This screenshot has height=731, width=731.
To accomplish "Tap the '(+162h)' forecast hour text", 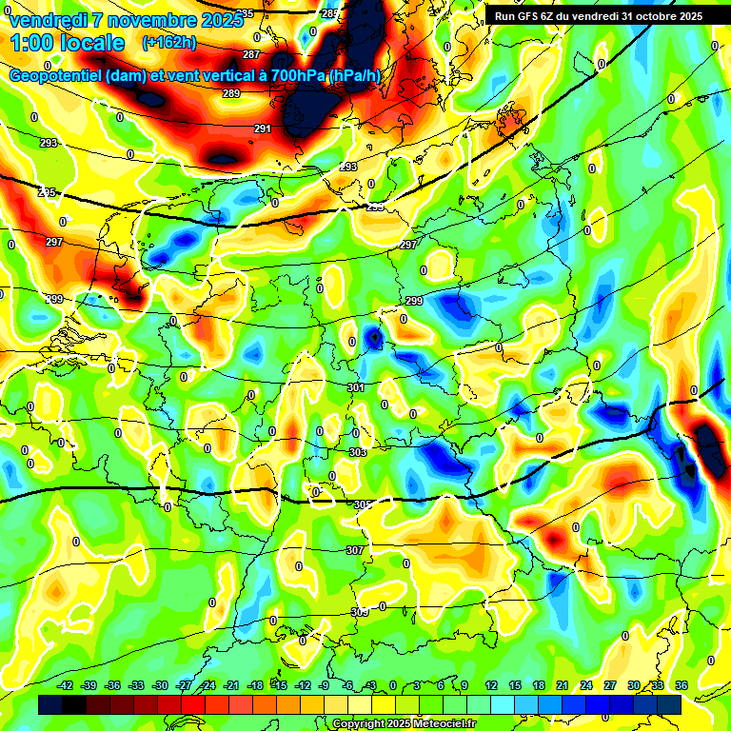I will [168, 43].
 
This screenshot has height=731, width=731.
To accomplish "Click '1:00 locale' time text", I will [68, 43].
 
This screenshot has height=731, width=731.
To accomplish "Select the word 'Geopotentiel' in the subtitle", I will [58, 76].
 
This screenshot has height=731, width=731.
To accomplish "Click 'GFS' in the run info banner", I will [531, 16].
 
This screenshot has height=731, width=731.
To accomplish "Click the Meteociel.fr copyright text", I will [404, 724].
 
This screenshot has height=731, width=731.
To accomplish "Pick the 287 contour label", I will [251, 54].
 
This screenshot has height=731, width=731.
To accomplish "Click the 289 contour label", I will [231, 93].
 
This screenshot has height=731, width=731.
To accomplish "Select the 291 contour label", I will [263, 128].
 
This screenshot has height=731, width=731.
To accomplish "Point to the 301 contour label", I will [356, 387].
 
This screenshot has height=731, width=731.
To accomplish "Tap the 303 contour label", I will [357, 452].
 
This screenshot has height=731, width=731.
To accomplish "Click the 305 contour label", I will [363, 504].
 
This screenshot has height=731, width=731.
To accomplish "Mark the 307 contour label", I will [354, 550].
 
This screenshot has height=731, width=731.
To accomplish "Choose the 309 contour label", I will [359, 612].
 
